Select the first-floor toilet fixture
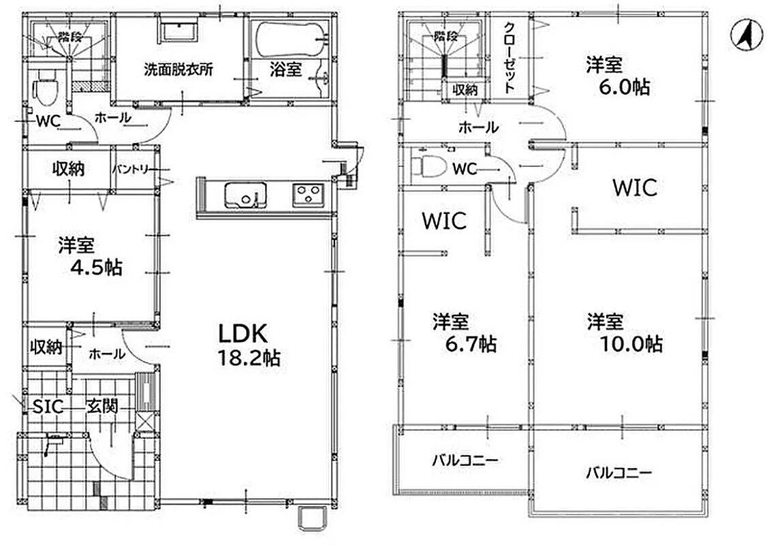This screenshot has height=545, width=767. tap(46, 87)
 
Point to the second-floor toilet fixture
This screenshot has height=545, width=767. tap(430, 166)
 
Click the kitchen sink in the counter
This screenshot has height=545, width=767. tap(245, 196)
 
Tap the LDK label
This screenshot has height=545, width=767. tap(242, 334)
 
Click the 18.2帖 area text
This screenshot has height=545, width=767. tap(249, 358)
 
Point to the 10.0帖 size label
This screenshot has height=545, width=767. tap(631, 344)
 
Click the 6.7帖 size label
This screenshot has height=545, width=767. tap(471, 344)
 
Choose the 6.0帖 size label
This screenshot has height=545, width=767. tap(625, 87)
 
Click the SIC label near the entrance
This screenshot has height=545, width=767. tap(48, 406)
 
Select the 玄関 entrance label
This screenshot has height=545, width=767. tap(103, 406)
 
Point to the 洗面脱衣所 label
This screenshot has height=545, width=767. tap(178, 69)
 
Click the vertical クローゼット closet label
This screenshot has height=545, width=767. tap(510, 57)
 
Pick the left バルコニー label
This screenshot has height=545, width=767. tap(465, 461)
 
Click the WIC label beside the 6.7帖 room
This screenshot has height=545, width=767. tap(444, 221)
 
